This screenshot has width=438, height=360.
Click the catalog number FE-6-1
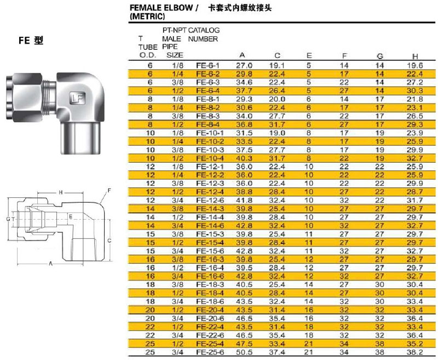208,66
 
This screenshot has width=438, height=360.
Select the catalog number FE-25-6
210,352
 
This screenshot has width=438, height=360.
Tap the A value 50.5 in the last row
244,352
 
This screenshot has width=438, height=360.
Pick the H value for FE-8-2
415,107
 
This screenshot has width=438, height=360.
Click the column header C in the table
277,55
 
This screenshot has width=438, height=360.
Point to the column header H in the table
415,56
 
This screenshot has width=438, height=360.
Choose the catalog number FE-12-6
210,201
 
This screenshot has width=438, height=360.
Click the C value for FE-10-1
277,133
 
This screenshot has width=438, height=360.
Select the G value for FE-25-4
379,344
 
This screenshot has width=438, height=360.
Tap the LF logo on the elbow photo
77,98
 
